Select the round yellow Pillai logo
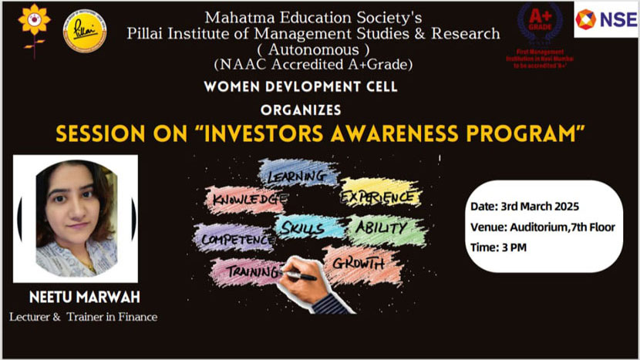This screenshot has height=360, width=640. [x=85, y=31]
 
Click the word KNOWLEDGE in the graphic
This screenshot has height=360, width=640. [x=247, y=199]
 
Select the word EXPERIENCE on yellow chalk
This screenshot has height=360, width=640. [x=381, y=197]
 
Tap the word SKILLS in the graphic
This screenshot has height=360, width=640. [x=302, y=227]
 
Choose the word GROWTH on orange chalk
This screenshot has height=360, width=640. [x=359, y=263]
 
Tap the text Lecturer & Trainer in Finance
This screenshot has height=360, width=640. [x=83, y=317]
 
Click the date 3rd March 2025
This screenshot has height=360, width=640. [x=524, y=207]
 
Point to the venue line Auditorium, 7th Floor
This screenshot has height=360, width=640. [x=532, y=227]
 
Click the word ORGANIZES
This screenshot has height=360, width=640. [x=301, y=110]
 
